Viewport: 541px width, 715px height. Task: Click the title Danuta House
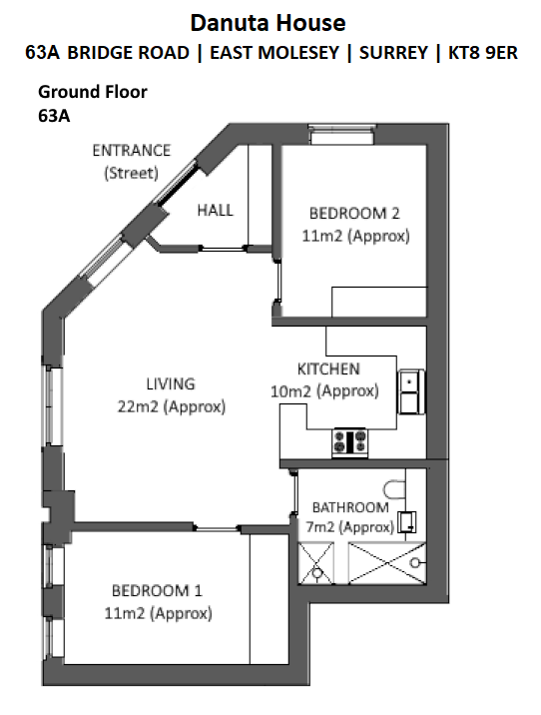pos(268,23)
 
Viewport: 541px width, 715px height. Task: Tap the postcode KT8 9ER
pos(483,53)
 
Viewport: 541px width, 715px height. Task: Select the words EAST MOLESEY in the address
pos(274,53)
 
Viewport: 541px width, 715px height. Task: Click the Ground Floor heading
pos(93,92)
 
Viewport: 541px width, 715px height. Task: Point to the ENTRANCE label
pos(132,151)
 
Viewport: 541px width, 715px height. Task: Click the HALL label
pos(216,211)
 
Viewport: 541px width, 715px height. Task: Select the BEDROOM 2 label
pos(354,213)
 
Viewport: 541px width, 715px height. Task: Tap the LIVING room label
pos(171,383)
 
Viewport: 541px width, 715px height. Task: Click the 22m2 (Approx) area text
pos(172,406)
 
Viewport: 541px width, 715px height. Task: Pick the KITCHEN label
pos(328,368)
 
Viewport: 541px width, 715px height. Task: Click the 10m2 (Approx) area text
pos(324,391)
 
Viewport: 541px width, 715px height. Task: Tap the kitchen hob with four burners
pos(349,441)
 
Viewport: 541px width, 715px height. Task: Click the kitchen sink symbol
pos(411,391)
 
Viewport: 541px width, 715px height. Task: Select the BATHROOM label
pos(350,507)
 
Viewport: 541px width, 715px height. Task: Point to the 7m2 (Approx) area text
pos(349,527)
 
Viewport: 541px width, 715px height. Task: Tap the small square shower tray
pos(315,562)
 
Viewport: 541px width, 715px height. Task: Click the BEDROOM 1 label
pos(157,590)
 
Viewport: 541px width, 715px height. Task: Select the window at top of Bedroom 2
pos(341,135)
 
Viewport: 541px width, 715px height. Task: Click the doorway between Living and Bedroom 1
pos(217,528)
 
